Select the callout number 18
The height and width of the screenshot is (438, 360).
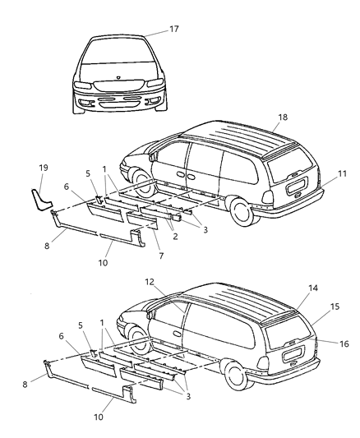[x=282, y=118]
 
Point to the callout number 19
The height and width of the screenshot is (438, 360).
[x=44, y=170]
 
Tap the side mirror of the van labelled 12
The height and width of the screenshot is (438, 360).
[x=149, y=313]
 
